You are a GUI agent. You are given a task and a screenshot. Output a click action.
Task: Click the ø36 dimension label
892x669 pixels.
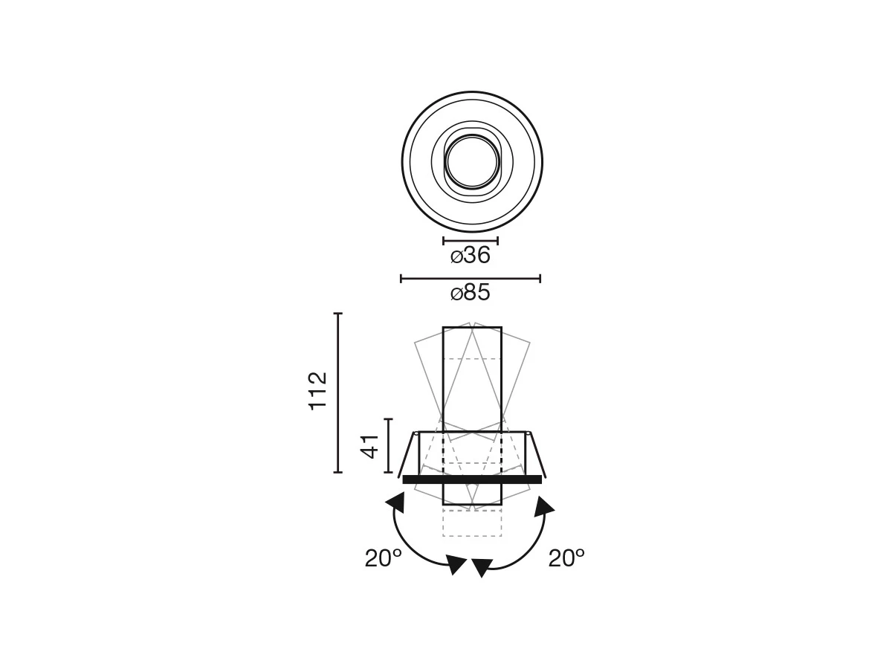(x=471, y=256)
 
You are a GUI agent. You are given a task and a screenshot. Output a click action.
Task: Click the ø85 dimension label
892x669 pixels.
(x=471, y=292)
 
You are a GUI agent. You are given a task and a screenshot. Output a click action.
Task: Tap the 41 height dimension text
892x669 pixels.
(x=369, y=447)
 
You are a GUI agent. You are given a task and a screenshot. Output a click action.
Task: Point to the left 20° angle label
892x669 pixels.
(x=383, y=558)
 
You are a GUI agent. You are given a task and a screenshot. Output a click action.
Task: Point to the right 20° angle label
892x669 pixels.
(x=566, y=558)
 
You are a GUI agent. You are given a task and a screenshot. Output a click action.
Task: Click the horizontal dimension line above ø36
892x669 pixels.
(x=471, y=241)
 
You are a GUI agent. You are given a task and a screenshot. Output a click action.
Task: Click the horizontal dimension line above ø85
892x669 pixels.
(x=471, y=279)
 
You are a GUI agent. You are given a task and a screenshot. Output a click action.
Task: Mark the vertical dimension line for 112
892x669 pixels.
(x=337, y=392)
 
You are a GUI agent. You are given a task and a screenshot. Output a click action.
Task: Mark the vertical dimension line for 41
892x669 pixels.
(x=389, y=445)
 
